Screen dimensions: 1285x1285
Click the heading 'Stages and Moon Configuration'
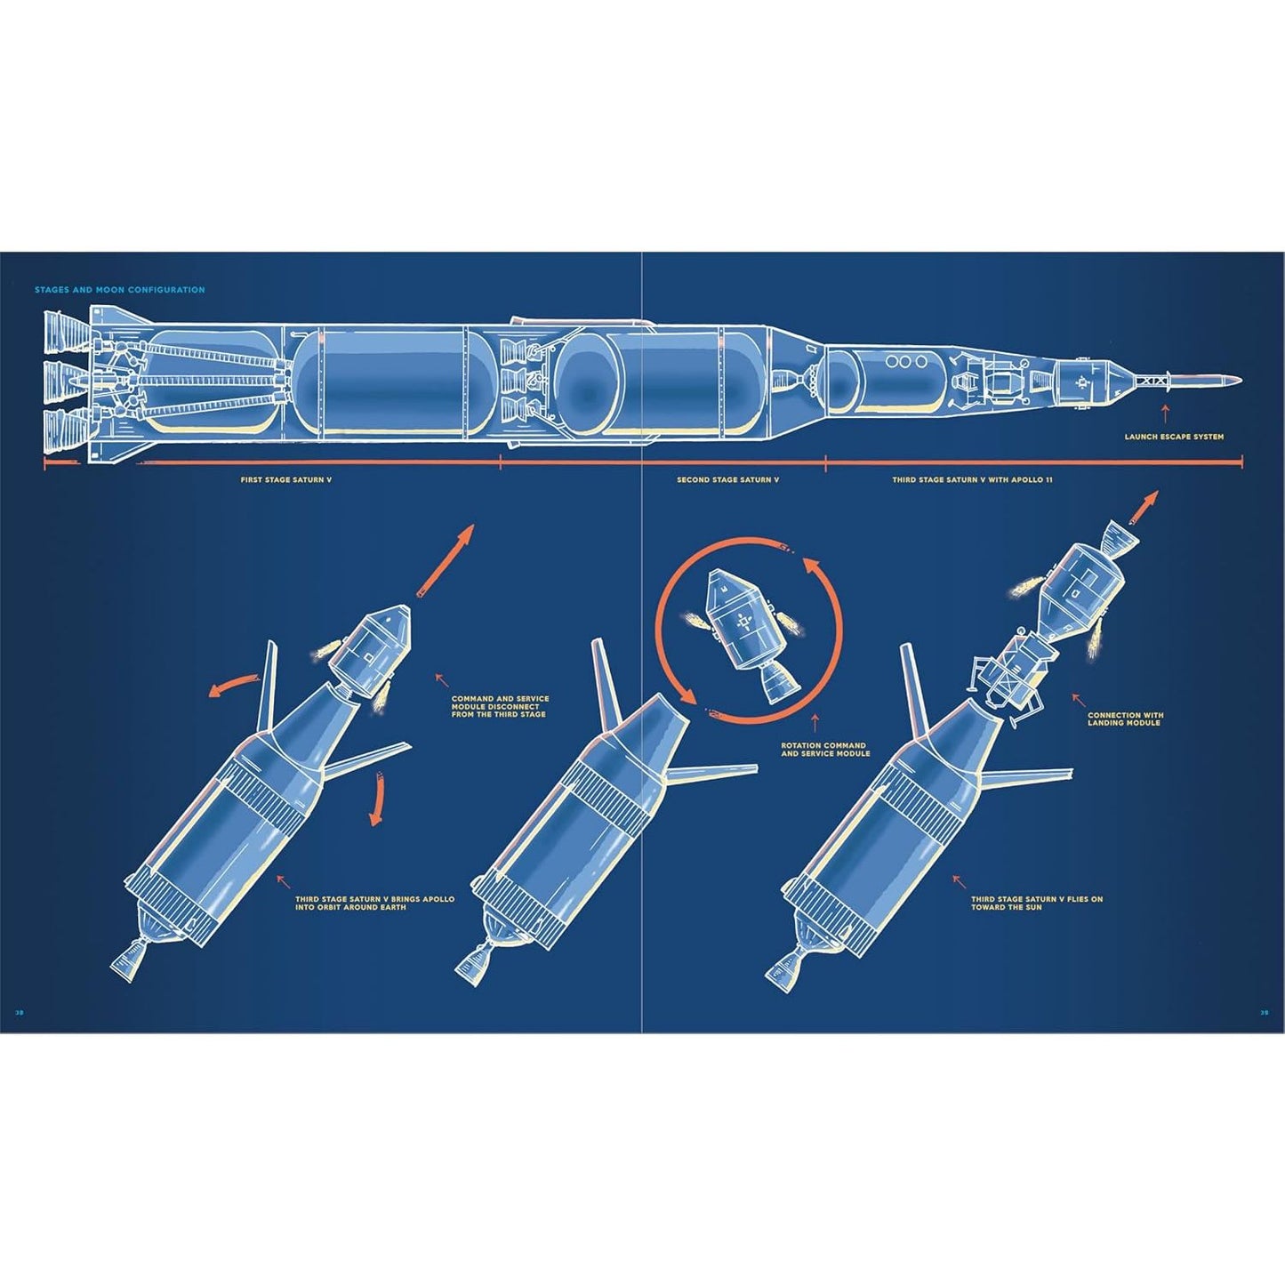click(x=119, y=290)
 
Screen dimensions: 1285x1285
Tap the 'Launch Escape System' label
click(x=1174, y=437)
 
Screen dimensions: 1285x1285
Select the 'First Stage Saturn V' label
click(x=286, y=479)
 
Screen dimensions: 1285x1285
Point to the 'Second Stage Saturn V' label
click(x=727, y=479)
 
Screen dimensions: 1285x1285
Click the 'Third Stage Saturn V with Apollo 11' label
click(x=972, y=479)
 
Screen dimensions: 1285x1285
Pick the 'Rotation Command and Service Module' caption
click(x=825, y=749)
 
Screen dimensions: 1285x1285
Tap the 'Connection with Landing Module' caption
click(x=1126, y=719)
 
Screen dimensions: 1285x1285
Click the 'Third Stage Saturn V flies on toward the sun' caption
click(x=1037, y=903)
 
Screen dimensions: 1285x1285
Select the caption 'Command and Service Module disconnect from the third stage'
click(x=500, y=706)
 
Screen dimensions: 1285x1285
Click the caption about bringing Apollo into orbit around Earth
click(x=374, y=903)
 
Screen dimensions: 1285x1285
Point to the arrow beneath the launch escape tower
click(x=1165, y=414)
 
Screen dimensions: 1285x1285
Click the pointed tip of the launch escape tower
click(x=1241, y=380)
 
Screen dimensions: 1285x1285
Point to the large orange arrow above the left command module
click(x=445, y=560)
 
